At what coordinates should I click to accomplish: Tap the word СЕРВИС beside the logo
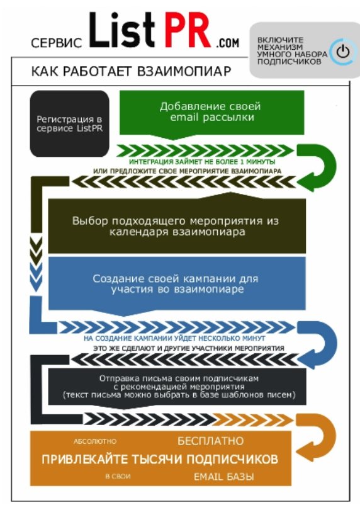(57, 43)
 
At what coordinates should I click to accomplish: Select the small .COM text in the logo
(228, 43)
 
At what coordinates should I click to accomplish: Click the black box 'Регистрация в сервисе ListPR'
(70, 123)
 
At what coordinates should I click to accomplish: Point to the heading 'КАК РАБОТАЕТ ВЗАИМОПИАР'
(131, 71)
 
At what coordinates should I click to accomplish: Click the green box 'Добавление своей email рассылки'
(212, 113)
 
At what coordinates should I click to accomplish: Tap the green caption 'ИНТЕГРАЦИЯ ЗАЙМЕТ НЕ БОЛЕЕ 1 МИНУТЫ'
(202, 162)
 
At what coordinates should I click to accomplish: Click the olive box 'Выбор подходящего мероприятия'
(177, 226)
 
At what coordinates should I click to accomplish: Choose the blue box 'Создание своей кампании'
(177, 283)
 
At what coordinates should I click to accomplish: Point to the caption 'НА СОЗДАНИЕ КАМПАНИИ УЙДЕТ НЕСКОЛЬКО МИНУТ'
(174, 339)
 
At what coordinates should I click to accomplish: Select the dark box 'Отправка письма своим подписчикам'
(177, 387)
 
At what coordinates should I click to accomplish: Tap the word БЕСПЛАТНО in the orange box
(211, 441)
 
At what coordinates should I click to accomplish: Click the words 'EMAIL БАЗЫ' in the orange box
(224, 477)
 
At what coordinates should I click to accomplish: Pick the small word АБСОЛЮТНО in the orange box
(95, 441)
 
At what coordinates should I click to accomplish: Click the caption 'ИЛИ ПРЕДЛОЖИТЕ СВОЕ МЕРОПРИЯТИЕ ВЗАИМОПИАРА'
(188, 171)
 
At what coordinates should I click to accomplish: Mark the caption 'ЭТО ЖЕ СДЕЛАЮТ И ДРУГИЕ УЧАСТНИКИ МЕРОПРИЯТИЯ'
(189, 348)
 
